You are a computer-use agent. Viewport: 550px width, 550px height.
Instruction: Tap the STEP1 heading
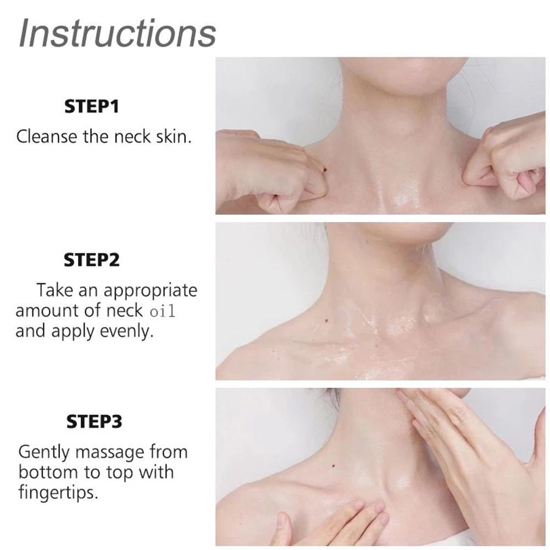[92, 106]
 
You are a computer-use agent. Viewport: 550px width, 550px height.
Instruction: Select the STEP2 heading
[92, 260]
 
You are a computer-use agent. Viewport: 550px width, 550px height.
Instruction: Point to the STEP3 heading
[94, 421]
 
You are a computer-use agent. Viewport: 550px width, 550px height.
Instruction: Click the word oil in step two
[162, 312]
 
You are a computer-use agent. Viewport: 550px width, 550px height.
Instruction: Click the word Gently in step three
[44, 453]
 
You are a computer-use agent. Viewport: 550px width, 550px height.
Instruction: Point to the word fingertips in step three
[58, 493]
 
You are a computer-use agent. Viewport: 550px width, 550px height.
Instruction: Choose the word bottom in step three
[48, 472]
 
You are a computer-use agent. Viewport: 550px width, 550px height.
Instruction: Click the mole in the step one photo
[324, 170]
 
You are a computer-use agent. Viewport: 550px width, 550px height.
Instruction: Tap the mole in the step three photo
[333, 466]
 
